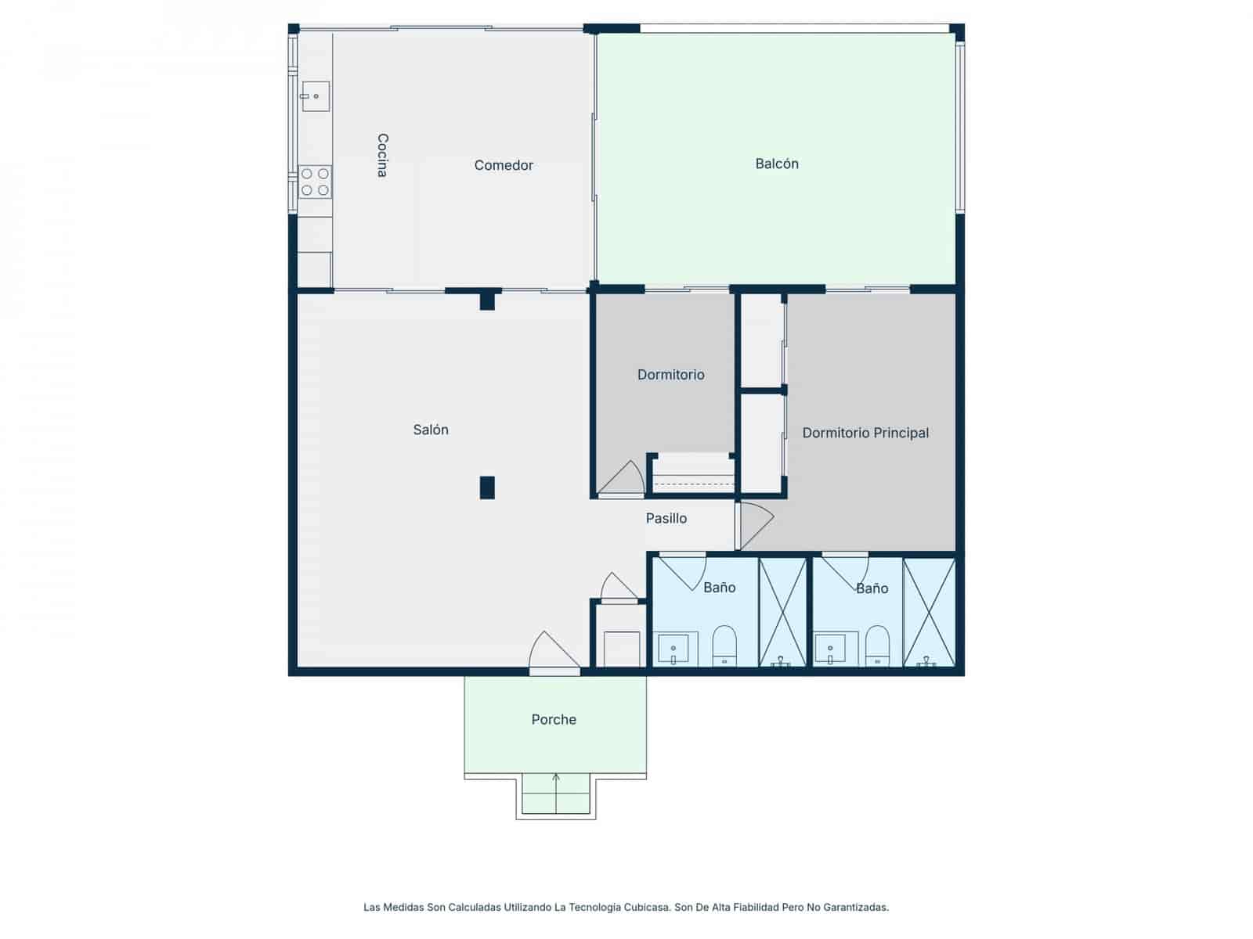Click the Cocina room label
pos(382,155)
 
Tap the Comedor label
pos(504,165)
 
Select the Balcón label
pos(777,164)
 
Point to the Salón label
pos(431,430)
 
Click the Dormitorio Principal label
pos(865,433)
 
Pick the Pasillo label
pos(666,518)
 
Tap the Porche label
pos(554,719)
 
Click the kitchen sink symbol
pos(315,96)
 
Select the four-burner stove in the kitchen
pos(315,182)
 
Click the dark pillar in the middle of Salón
pos(487,487)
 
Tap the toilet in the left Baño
pos(724,646)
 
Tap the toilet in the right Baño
pos(877,646)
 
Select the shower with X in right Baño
pos(930,612)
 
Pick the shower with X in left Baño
pos(782,612)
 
